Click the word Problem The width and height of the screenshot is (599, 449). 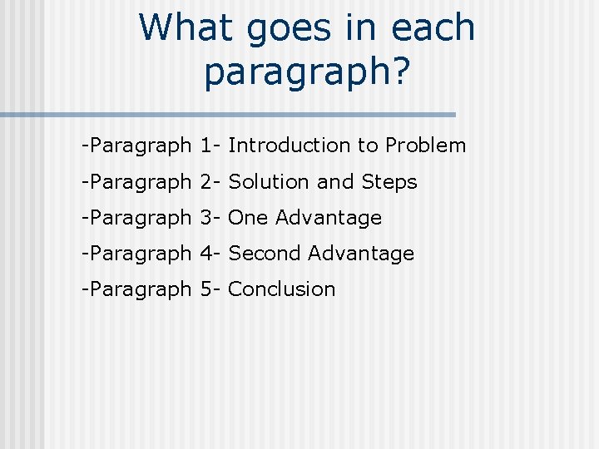(x=425, y=146)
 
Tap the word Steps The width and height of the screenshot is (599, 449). (x=389, y=181)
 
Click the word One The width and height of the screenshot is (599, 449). (x=248, y=218)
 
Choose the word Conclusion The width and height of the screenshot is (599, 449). (x=281, y=289)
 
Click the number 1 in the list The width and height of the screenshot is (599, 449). (x=205, y=146)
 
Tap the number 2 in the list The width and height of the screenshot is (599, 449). (x=205, y=181)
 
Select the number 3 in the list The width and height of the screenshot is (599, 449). (x=205, y=218)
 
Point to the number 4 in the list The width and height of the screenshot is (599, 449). (x=205, y=254)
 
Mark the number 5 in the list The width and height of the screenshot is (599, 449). (x=205, y=289)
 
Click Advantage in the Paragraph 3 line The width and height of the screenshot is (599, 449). (x=329, y=218)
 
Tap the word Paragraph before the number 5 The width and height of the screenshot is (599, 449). (x=139, y=289)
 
